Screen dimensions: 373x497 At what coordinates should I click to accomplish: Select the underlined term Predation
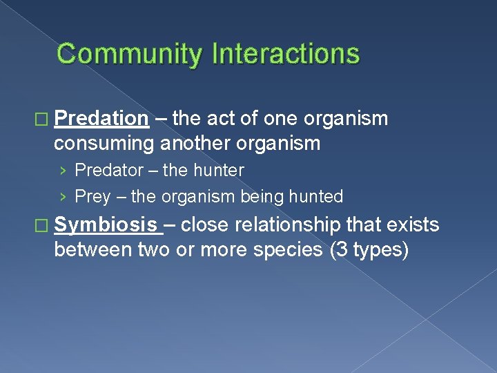(101, 119)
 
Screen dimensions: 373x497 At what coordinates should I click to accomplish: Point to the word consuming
(104, 143)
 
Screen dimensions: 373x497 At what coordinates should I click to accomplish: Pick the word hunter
(219, 170)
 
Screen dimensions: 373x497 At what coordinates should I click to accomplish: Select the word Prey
(92, 197)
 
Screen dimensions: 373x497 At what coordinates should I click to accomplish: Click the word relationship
(297, 224)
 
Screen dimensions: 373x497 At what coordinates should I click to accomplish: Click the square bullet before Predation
(45, 119)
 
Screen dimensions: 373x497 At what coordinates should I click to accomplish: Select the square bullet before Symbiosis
(45, 225)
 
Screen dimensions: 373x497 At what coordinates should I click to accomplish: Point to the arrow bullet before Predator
(64, 171)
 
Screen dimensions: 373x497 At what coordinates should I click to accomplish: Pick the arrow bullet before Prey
(64, 198)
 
